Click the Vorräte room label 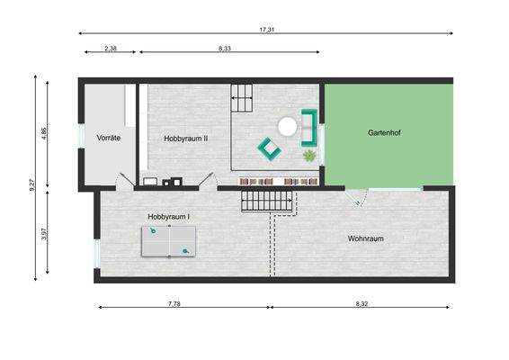pyautogui.click(x=109, y=138)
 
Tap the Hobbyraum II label pyautogui.click(x=186, y=139)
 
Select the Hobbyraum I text pyautogui.click(x=169, y=217)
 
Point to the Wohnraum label pyautogui.click(x=366, y=238)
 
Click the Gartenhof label pyautogui.click(x=388, y=132)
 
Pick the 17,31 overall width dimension pyautogui.click(x=267, y=30)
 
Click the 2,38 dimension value pyautogui.click(x=111, y=48)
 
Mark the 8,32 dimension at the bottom pyautogui.click(x=362, y=304)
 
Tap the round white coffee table pyautogui.click(x=288, y=127)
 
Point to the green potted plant pyautogui.click(x=309, y=156)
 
